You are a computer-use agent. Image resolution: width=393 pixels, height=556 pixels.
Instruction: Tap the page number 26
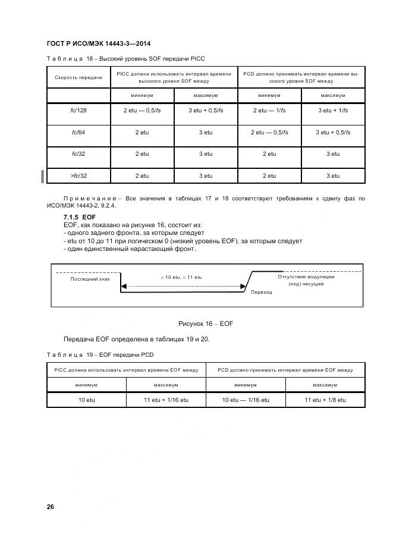(x=51, y=507)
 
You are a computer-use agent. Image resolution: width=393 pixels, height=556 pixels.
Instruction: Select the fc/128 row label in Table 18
(x=78, y=111)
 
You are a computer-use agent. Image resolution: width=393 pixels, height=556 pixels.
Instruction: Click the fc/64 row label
(x=78, y=133)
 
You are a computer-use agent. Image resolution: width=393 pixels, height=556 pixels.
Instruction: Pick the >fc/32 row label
(x=78, y=175)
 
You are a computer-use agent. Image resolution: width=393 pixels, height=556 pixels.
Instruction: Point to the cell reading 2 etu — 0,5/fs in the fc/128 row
(x=142, y=111)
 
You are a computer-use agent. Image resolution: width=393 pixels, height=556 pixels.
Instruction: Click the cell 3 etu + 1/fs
(x=333, y=111)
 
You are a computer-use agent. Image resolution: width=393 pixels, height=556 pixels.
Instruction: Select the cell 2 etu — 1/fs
(x=269, y=111)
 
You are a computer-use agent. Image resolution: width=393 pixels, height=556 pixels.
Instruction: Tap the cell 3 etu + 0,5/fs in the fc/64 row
(x=333, y=133)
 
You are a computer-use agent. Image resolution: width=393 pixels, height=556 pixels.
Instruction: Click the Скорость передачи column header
(x=78, y=77)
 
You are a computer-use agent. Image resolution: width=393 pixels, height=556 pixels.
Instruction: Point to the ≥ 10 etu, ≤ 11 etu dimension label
(x=182, y=277)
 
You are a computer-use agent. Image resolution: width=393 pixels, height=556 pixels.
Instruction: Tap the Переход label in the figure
(x=262, y=292)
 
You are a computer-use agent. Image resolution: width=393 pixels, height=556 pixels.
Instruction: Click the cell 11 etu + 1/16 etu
(x=166, y=400)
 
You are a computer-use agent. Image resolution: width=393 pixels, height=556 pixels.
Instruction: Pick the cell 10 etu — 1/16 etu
(x=246, y=400)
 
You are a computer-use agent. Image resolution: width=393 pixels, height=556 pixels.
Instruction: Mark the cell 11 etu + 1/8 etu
(x=325, y=400)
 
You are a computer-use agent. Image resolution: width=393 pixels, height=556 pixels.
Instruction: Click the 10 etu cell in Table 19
(x=87, y=400)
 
